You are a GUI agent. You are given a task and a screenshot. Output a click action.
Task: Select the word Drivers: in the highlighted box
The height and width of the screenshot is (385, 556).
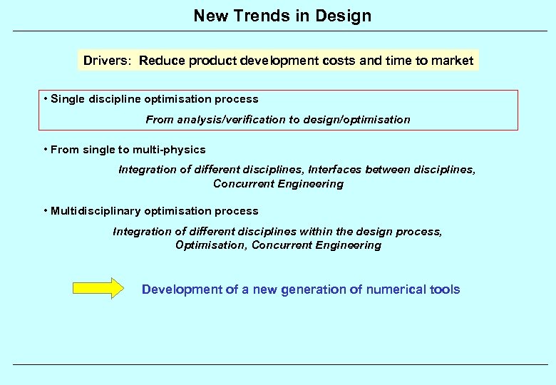[107, 61]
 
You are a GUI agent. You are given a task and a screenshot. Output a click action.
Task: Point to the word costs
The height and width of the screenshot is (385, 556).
[336, 61]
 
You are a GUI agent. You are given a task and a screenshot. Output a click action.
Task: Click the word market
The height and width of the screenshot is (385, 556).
[451, 61]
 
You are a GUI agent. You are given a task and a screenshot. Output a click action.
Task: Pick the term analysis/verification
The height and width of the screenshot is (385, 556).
[214, 120]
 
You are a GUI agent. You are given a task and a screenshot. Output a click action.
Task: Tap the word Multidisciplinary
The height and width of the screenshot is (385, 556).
[96, 211]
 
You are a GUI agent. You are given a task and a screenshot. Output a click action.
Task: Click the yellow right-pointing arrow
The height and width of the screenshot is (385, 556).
[98, 289]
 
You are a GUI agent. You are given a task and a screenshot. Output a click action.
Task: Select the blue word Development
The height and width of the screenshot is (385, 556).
[182, 289]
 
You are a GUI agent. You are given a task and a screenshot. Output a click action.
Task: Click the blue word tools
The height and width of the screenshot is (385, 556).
[446, 289]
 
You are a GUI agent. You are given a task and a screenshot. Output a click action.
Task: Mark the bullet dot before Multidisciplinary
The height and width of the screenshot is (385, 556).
[45, 210]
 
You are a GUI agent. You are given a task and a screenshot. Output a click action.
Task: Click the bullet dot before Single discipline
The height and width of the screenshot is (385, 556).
[45, 98]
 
